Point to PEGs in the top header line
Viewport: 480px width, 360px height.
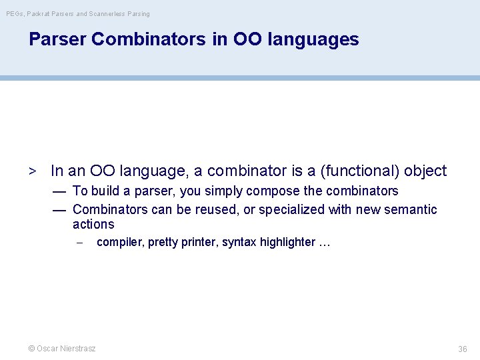coord(14,13)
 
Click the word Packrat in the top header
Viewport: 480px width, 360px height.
coord(39,13)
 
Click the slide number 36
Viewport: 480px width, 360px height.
coord(463,349)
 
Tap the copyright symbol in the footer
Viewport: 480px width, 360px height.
coord(31,349)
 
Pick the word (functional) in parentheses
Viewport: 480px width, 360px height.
coord(361,171)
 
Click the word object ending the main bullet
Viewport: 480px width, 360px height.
coord(425,171)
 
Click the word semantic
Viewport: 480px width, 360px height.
coord(413,209)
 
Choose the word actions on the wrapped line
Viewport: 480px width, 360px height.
coord(93,225)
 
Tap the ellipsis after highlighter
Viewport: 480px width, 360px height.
coord(325,243)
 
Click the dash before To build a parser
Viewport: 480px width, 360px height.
coord(59,191)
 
